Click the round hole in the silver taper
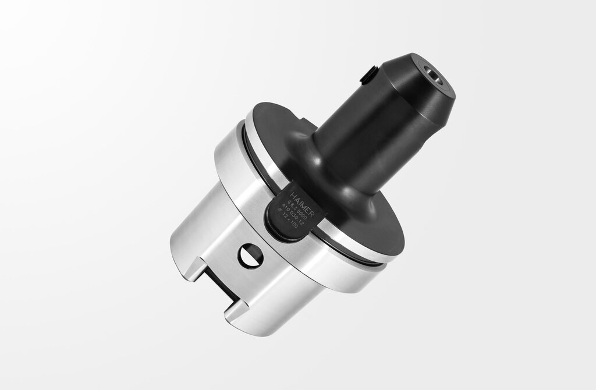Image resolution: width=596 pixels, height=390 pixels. pyautogui.click(x=250, y=256)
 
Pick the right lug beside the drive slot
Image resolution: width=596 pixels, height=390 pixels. pyautogui.click(x=244, y=314)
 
